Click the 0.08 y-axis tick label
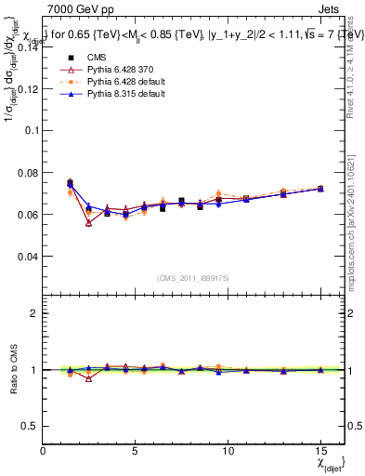click(x=28, y=173)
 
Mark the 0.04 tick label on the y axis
click(x=28, y=257)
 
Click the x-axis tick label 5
click(x=136, y=449)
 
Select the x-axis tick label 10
click(x=228, y=449)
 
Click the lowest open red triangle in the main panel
click(x=89, y=223)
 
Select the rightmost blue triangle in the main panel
click(x=320, y=189)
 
